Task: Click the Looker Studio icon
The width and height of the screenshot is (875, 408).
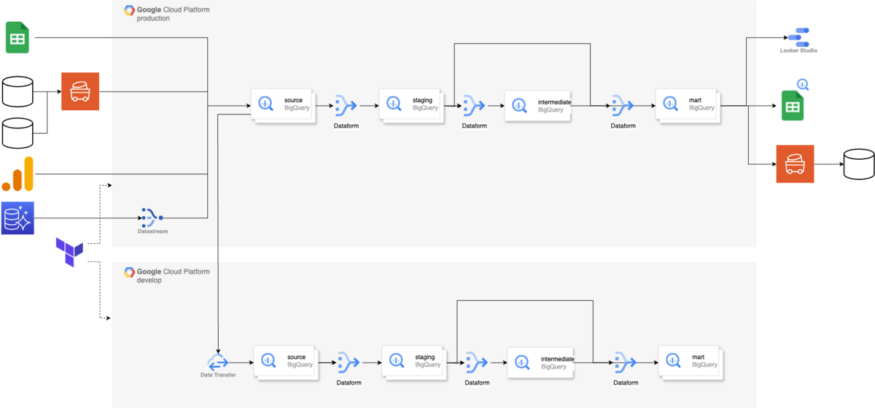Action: [x=799, y=37]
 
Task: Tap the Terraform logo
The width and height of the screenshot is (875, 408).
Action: [x=69, y=252]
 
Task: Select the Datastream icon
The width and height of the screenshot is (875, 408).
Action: [x=152, y=218]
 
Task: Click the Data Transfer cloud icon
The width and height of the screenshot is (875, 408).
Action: [x=218, y=362]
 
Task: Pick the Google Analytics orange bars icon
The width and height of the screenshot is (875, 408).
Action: [x=17, y=174]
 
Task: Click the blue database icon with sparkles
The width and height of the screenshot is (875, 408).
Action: [x=17, y=218]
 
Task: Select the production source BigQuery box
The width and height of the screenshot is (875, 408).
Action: [x=283, y=106]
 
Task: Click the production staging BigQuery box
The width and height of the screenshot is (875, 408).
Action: [x=411, y=106]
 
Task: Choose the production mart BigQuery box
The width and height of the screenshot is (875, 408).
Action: [x=688, y=106]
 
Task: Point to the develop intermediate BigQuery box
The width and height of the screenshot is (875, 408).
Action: [x=540, y=363]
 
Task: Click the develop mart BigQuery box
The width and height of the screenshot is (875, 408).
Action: [x=691, y=363]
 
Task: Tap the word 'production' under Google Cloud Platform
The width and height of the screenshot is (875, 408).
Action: [x=153, y=18]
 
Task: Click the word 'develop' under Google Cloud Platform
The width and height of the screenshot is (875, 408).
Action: [x=149, y=280]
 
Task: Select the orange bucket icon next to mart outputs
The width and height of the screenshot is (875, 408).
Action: [x=795, y=164]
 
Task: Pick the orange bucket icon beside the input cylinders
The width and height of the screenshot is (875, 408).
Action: [x=80, y=91]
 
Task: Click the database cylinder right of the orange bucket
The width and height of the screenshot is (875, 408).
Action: [x=859, y=164]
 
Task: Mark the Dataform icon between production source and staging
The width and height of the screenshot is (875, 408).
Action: [x=346, y=106]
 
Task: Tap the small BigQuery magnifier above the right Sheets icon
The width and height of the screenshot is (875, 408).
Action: [x=803, y=85]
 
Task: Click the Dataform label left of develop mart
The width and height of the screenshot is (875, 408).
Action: [x=626, y=382]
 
